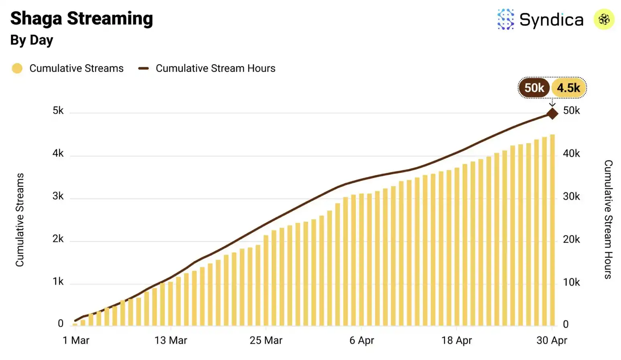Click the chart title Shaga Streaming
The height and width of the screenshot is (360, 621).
pos(81,18)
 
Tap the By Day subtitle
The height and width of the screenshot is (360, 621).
pos(32,40)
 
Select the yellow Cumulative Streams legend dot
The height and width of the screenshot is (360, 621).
pos(17,69)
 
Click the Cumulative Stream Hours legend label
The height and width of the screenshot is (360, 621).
pos(215,69)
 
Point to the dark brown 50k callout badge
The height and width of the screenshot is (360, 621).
pos(534,88)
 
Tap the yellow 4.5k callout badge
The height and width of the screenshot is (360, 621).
pos(568,88)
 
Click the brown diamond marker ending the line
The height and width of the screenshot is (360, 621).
pos(552,113)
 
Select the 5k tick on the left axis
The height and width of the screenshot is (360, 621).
pos(58,111)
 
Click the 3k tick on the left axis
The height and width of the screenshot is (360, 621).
pos(58,196)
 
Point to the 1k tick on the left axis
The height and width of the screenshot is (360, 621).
pos(58,282)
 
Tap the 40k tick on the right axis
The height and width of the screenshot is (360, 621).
pos(571,154)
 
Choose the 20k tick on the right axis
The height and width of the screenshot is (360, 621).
pos(571,239)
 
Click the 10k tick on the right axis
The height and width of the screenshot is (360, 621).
pos(571,282)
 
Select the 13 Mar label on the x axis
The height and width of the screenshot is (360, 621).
pos(171,340)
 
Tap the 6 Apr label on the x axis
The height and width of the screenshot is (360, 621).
pos(361,340)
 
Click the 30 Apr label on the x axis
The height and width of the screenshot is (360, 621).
pos(552,340)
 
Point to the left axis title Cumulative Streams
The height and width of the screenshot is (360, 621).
pos(20,220)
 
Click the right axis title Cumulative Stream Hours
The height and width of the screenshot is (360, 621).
pos(608,219)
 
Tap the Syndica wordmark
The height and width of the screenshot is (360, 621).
pos(551,20)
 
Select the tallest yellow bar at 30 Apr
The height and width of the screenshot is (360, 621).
pos(552,230)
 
